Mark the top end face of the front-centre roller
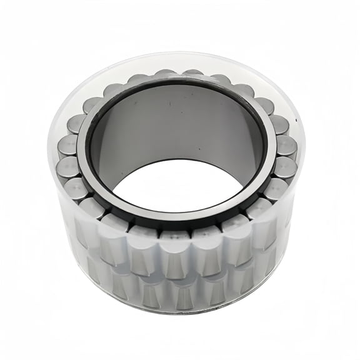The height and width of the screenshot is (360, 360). [x=176, y=235]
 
